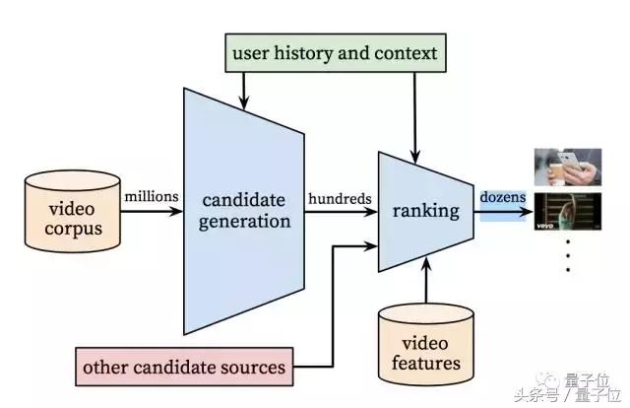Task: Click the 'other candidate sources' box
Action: [185, 368]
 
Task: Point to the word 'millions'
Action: [151, 196]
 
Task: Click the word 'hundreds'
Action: [339, 198]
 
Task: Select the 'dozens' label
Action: [503, 198]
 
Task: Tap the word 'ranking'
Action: [425, 210]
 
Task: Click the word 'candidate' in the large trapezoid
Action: [244, 197]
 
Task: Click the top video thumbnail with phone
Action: [567, 168]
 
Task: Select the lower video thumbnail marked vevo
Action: [567, 212]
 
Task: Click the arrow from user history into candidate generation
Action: [243, 87]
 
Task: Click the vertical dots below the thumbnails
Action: [567, 257]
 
